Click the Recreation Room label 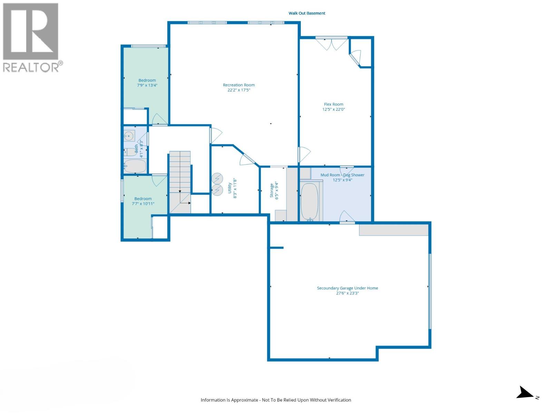click(x=239, y=85)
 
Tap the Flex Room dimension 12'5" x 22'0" click(x=334, y=109)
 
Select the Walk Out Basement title click(x=307, y=13)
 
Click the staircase click(x=180, y=181)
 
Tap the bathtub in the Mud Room click(x=309, y=201)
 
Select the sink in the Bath click(x=129, y=136)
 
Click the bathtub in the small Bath click(x=135, y=166)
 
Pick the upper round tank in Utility click(x=217, y=178)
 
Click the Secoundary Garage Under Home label click(x=347, y=288)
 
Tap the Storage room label click(x=272, y=190)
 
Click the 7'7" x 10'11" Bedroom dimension click(x=143, y=204)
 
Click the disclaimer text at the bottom click(x=276, y=400)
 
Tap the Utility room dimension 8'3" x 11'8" click(x=235, y=188)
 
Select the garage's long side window click(x=430, y=291)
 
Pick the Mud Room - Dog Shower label click(x=342, y=175)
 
